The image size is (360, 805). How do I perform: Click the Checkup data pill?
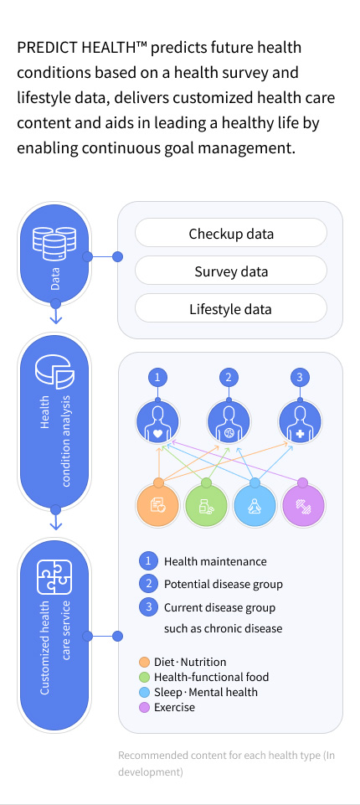tap(230, 234)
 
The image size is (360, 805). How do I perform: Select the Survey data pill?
tap(230, 271)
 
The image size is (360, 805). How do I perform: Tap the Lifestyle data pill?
tap(230, 309)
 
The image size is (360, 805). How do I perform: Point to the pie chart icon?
tap(54, 371)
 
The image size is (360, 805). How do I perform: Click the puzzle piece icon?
tap(54, 576)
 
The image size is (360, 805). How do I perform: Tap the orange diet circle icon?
tap(157, 505)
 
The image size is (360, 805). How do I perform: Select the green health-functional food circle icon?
tap(206, 505)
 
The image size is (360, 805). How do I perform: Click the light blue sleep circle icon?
tap(255, 505)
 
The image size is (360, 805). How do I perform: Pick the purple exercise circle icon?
tap(303, 505)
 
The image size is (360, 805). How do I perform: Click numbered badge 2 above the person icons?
tap(228, 378)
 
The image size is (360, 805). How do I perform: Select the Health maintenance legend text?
tap(215, 561)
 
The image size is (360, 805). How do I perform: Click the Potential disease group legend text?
tap(223, 584)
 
